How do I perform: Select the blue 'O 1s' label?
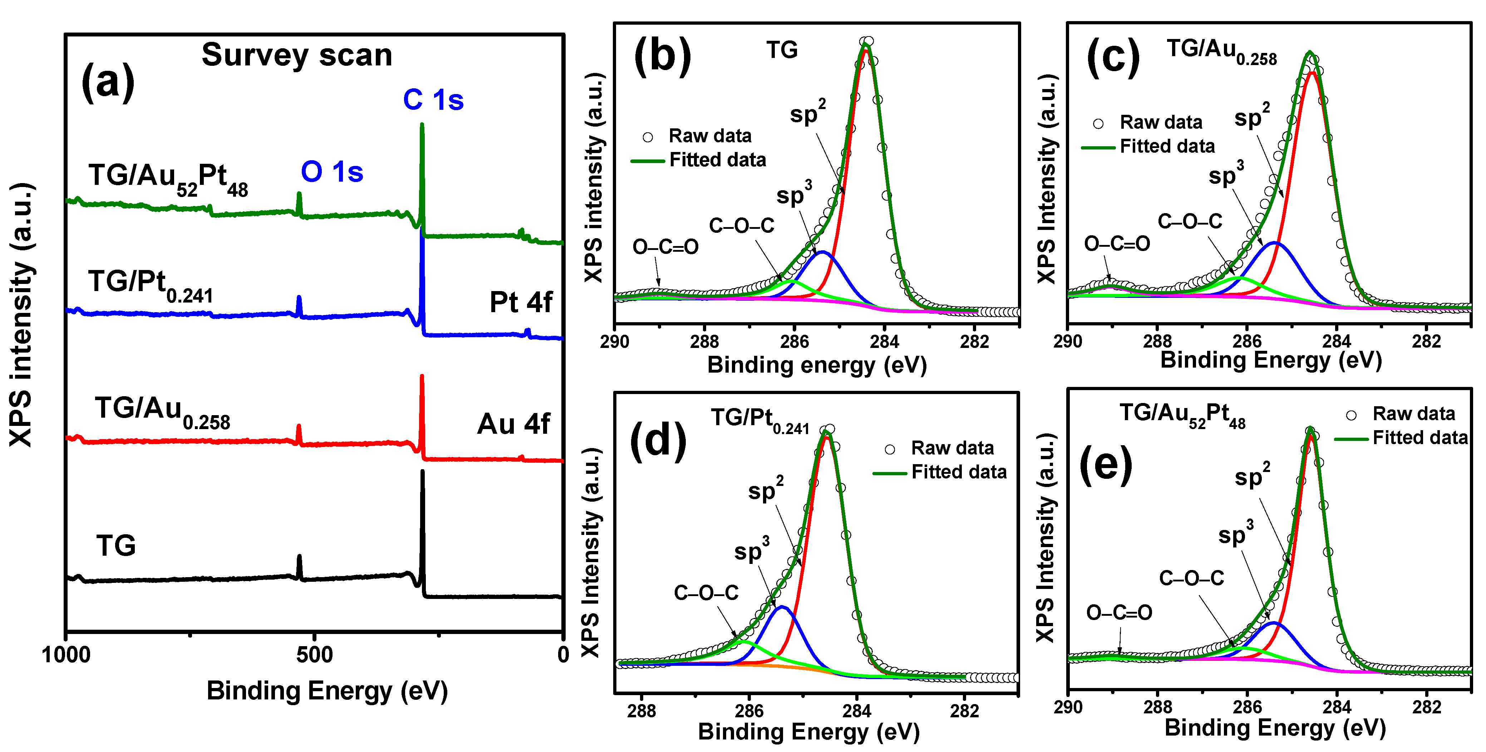pos(332,172)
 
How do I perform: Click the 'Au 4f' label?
pos(513,424)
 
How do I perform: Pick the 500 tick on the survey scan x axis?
pos(314,655)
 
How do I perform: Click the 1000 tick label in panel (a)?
pos(67,655)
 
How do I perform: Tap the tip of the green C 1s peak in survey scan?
pos(422,125)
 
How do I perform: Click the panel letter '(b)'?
pos(662,56)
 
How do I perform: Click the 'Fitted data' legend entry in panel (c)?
pos(1167,147)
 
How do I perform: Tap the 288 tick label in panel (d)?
pos(641,711)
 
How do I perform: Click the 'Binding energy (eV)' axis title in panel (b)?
pos(817,365)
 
